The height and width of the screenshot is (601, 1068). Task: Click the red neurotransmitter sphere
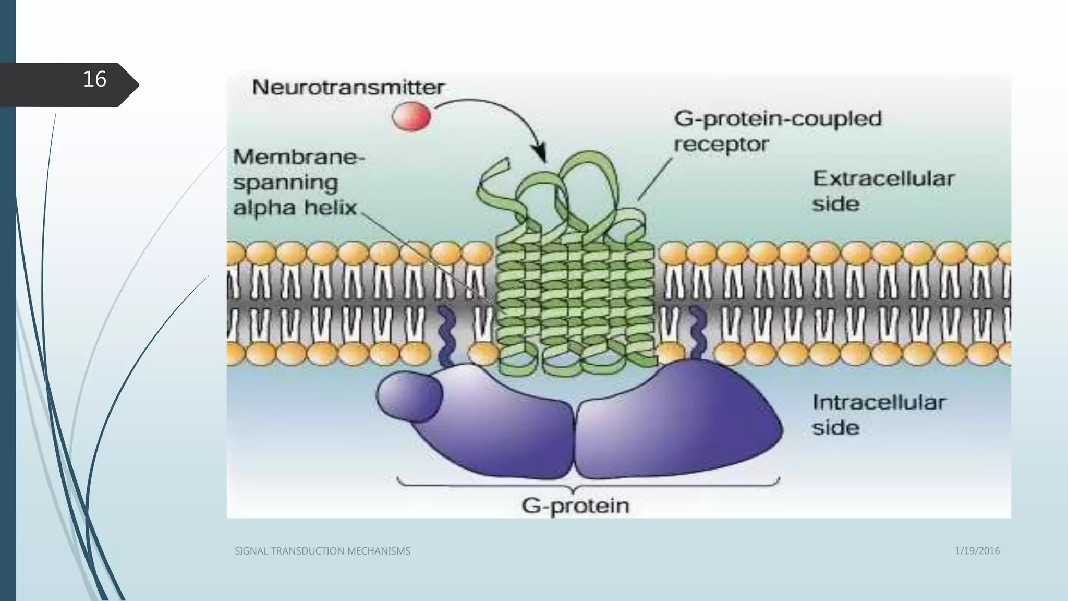[x=411, y=116]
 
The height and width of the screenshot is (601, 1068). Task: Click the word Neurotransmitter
[x=348, y=87]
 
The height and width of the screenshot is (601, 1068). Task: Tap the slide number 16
[x=94, y=79]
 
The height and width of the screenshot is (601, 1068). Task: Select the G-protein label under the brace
[x=575, y=506]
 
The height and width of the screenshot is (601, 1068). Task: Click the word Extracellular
[x=883, y=179]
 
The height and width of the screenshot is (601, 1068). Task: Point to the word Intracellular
[x=879, y=402]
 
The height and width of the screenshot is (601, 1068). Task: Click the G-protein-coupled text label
[x=778, y=118]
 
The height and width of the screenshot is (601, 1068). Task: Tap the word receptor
[x=721, y=144]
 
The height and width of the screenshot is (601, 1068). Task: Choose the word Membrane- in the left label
[x=299, y=157]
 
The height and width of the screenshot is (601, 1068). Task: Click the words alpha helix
[x=295, y=208]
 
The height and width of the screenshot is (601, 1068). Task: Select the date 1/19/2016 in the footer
[x=977, y=551]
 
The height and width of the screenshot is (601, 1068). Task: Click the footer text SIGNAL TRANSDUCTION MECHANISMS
[x=322, y=551]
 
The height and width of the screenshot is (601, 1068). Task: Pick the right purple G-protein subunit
[x=678, y=423]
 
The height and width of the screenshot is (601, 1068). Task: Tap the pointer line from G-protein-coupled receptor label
[x=654, y=179]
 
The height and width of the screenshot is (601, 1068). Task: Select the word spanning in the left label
[x=285, y=183]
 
